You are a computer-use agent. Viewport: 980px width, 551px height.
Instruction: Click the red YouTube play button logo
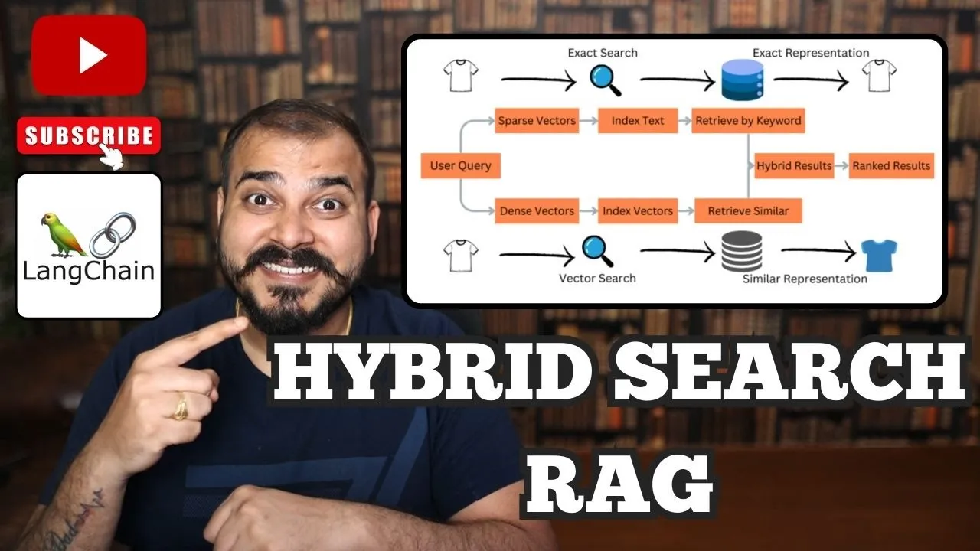[90, 55]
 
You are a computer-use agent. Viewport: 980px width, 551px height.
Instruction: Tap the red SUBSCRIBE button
[89, 136]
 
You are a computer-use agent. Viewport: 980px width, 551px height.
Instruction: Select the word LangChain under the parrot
[89, 271]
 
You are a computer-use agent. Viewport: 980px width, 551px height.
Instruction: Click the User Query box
[460, 165]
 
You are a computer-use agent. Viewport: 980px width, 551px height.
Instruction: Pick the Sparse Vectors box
[537, 121]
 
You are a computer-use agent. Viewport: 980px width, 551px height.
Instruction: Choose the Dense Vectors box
[537, 210]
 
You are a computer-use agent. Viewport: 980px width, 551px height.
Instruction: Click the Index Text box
[638, 121]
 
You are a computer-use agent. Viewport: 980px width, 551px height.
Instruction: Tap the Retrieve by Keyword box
[747, 121]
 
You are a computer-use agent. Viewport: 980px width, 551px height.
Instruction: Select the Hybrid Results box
[794, 165]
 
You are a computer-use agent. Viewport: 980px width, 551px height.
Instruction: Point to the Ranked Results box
[891, 165]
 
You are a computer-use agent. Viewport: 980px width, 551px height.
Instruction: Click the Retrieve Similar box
[747, 210]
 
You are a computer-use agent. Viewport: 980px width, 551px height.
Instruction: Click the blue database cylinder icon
[742, 80]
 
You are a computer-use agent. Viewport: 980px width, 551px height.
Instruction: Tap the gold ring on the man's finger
[181, 406]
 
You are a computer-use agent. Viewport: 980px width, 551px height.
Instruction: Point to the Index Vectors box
[638, 210]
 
